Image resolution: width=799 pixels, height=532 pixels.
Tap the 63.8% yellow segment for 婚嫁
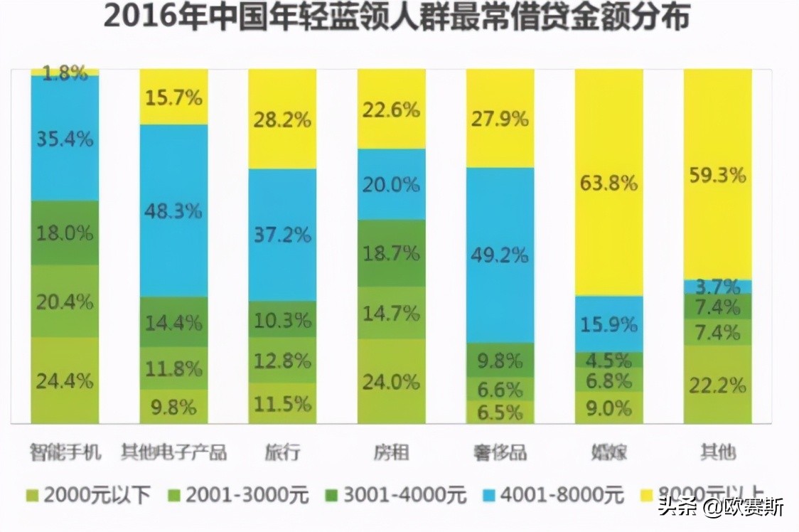click(608, 183)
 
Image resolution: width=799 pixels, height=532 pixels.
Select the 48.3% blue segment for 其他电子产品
click(173, 211)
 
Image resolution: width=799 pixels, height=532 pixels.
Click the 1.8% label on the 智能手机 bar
click(65, 72)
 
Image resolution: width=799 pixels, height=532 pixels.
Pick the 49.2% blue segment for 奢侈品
click(500, 255)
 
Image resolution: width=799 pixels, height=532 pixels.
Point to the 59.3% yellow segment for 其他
click(717, 174)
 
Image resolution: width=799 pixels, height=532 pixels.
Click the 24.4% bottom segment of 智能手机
click(65, 381)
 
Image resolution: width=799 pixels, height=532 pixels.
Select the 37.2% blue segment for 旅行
click(282, 235)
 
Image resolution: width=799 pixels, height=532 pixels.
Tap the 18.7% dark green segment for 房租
click(391, 253)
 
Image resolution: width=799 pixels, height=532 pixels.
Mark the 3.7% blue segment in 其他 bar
click(717, 287)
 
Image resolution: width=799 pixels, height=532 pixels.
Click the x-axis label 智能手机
click(65, 452)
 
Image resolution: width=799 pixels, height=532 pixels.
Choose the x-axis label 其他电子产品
click(173, 452)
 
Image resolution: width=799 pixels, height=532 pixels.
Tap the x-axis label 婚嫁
click(609, 452)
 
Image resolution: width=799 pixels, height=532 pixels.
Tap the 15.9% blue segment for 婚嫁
click(608, 324)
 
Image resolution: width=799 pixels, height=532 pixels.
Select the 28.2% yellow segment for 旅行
click(282, 119)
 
